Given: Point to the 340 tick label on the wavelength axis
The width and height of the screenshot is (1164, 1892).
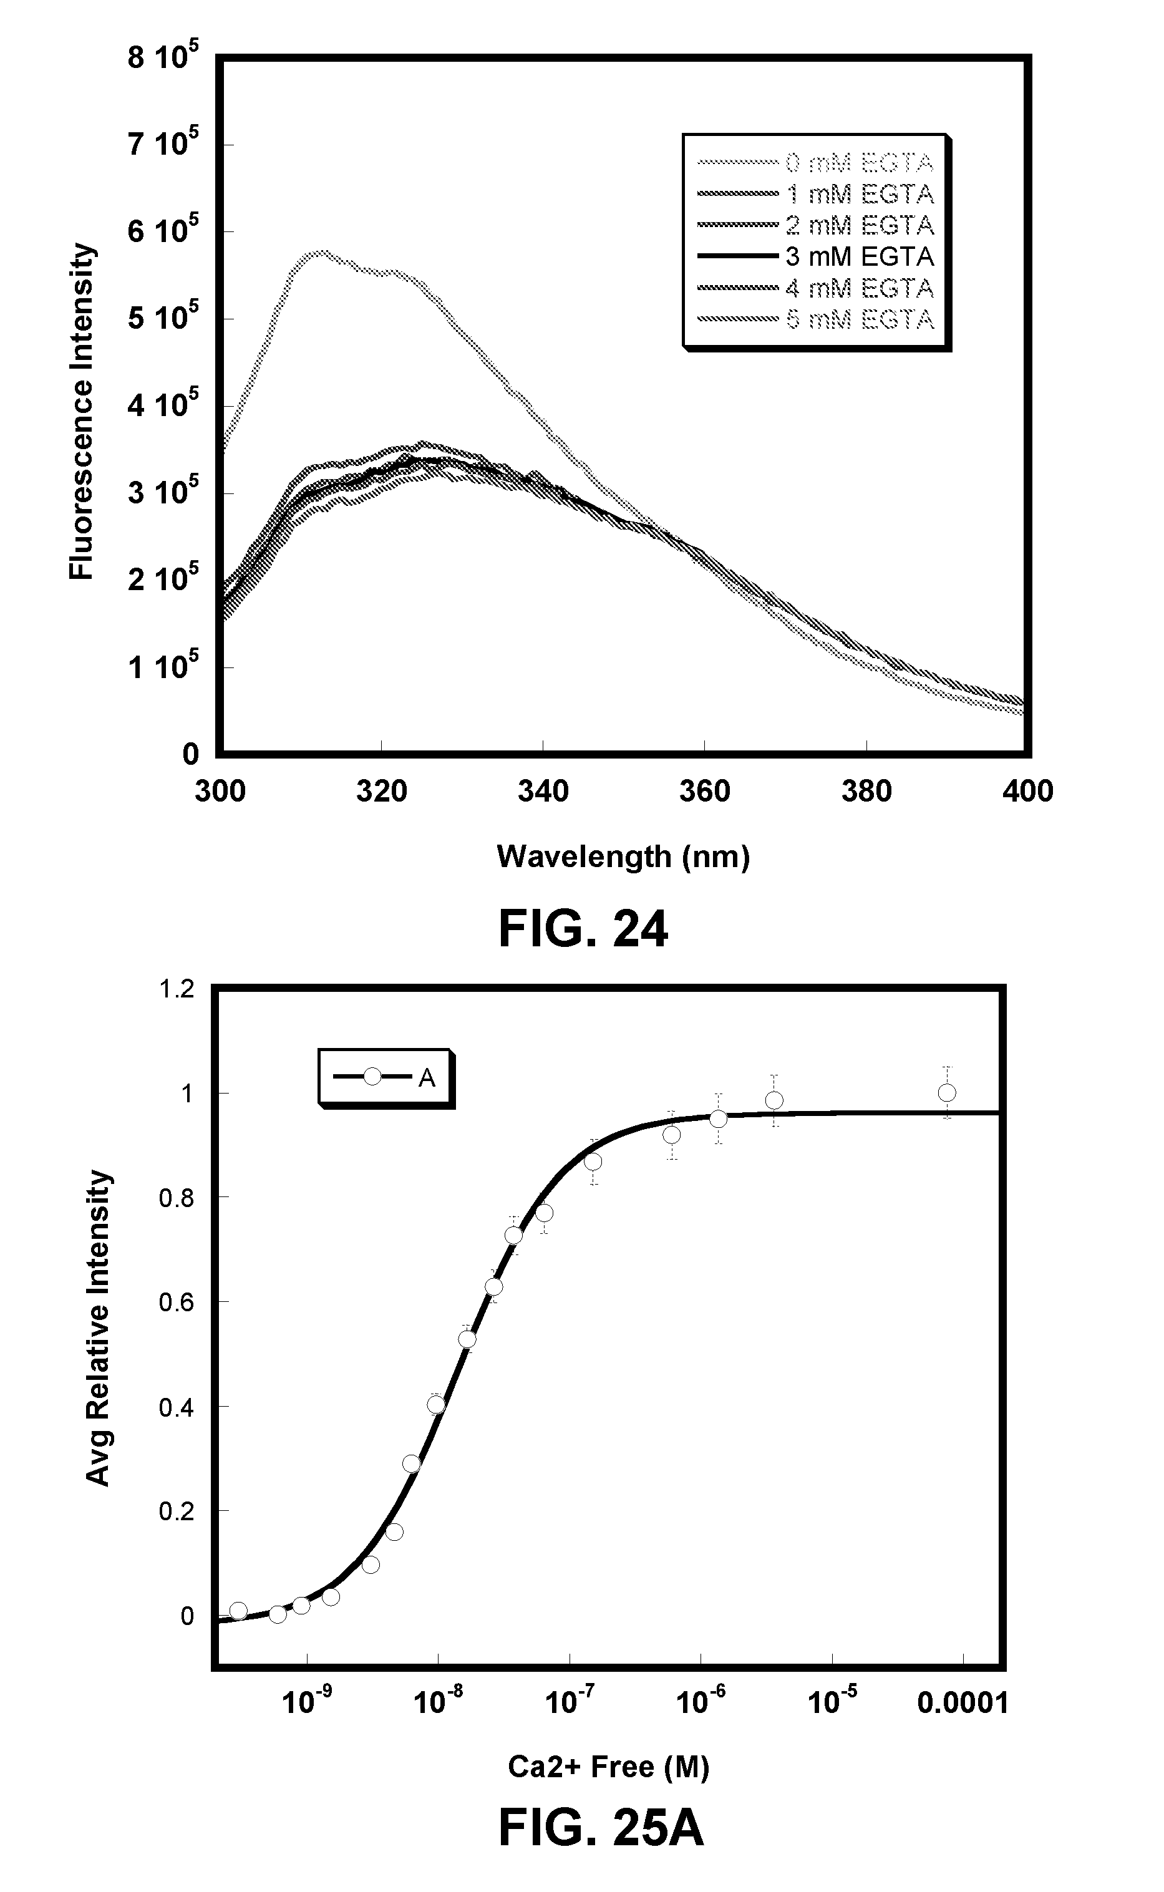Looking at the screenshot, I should pyautogui.click(x=543, y=791).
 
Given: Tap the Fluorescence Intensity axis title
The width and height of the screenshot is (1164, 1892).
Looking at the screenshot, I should pyautogui.click(x=82, y=412).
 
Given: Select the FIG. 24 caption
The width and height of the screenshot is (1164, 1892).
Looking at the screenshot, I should pyautogui.click(x=583, y=929).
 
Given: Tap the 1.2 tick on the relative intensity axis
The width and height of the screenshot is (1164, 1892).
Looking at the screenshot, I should pyautogui.click(x=177, y=989).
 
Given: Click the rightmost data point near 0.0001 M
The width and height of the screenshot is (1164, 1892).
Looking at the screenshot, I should pyautogui.click(x=947, y=1093).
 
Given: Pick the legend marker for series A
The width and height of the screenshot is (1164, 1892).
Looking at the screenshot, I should pyautogui.click(x=372, y=1076).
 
